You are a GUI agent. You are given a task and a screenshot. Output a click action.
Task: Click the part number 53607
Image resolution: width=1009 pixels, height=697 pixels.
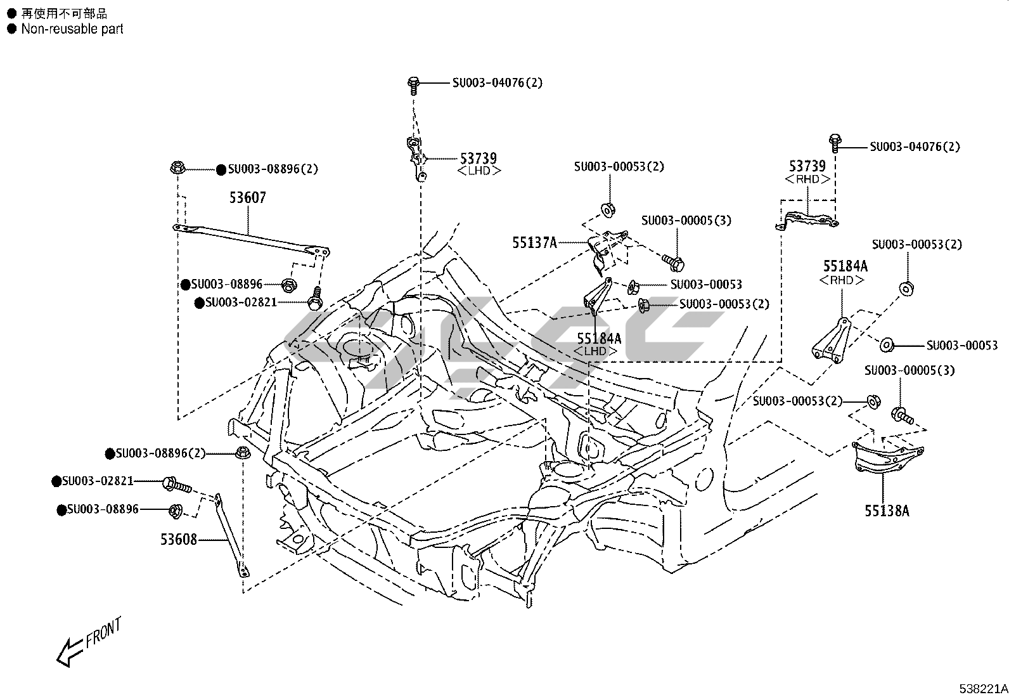tap(248, 197)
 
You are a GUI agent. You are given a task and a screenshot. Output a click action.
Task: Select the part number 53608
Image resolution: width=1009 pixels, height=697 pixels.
tap(179, 539)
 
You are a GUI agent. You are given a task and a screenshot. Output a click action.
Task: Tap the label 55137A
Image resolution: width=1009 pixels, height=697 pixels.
tap(535, 243)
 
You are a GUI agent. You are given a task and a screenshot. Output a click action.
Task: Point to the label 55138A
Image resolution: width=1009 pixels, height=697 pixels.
tap(887, 511)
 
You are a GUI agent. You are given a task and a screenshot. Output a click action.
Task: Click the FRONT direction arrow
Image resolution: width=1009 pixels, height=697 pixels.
tap(70, 653)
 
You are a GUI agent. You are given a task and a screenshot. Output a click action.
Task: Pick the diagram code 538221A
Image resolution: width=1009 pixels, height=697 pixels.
tap(983, 688)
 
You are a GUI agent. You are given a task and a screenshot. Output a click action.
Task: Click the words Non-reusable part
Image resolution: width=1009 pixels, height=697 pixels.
tap(72, 29)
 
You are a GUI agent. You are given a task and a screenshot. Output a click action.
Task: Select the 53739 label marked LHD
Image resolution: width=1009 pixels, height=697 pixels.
tap(479, 163)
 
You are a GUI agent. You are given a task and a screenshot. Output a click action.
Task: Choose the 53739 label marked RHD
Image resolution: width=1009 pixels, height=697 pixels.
tap(807, 172)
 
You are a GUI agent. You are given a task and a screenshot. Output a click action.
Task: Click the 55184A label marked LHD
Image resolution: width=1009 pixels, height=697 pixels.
tap(599, 344)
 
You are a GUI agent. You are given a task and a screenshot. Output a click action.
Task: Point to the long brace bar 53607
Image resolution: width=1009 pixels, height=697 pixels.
tap(252, 239)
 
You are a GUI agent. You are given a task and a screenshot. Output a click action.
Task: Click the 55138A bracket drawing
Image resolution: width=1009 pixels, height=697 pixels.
tap(887, 456)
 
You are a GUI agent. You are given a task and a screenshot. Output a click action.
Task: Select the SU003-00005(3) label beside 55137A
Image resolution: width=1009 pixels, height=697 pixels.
tap(686, 221)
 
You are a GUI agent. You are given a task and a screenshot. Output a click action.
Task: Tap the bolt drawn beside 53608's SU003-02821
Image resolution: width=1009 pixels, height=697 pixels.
tap(177, 485)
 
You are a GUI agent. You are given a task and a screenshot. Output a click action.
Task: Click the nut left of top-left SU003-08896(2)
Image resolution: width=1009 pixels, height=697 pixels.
tap(177, 168)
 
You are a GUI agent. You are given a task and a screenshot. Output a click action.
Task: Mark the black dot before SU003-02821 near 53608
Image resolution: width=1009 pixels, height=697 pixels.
tap(56, 481)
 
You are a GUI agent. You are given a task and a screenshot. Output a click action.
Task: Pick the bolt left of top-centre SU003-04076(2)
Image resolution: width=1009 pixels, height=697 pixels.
tap(413, 86)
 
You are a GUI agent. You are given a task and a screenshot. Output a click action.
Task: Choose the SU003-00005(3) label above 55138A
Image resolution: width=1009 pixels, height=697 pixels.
tap(909, 370)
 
